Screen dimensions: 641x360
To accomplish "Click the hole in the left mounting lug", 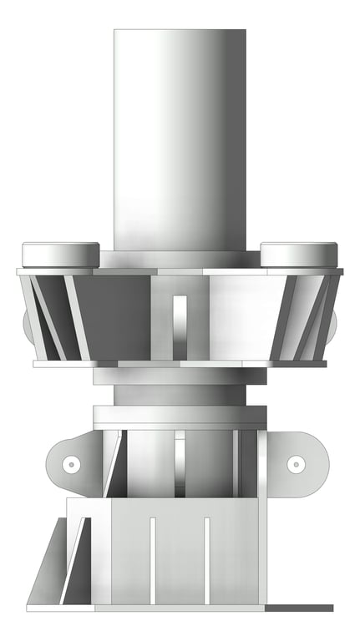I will [72, 463].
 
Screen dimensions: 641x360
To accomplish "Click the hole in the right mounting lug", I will [294, 463].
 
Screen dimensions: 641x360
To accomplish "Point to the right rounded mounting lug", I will [302, 463].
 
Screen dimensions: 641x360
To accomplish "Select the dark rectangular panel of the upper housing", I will [113, 317].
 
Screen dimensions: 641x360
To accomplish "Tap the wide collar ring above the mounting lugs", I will [180, 415].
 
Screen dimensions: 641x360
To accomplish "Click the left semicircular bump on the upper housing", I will [29, 327].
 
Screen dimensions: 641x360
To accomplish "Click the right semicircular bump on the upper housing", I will [332, 327].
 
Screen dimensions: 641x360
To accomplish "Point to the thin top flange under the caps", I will [180, 271].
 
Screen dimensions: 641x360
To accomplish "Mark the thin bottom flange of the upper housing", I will [180, 364].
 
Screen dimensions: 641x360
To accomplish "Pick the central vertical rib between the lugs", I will [180, 463].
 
